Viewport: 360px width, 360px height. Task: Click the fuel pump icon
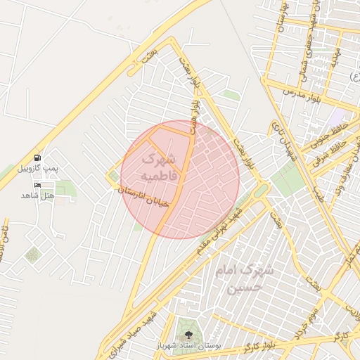pos(37,156)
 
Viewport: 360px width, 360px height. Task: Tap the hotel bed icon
pos(37,185)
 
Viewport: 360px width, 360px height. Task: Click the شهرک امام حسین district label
pos(245,278)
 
